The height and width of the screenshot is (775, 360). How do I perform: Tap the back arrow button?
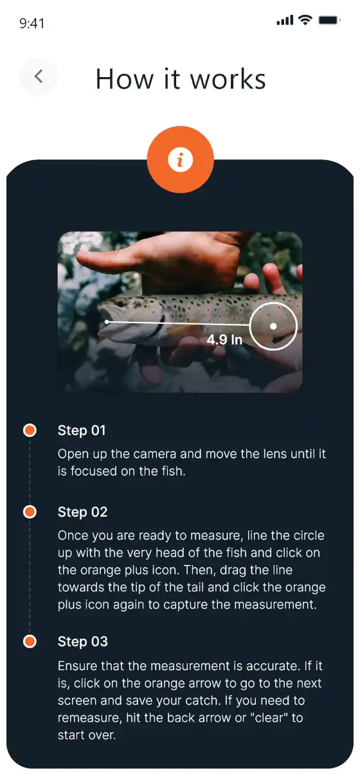tap(39, 77)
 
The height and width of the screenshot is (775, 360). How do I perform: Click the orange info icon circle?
tap(180, 160)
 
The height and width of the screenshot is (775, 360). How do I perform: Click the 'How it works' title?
tap(181, 79)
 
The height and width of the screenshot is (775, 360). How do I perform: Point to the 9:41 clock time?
tap(32, 23)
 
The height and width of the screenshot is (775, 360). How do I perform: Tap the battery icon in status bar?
tap(329, 21)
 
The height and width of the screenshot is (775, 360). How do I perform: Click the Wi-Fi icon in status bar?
tap(305, 21)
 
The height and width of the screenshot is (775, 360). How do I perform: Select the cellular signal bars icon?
tap(285, 21)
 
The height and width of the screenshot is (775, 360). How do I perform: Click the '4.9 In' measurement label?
tap(224, 339)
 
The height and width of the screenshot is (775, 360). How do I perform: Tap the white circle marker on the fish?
tap(273, 326)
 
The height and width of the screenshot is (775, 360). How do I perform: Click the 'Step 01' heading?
tap(82, 431)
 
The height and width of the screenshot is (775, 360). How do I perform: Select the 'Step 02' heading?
tap(83, 512)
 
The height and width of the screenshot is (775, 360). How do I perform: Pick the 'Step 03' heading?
tap(83, 641)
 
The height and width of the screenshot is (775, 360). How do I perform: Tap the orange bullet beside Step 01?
tap(30, 431)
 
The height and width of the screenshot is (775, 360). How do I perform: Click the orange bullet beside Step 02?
tap(30, 512)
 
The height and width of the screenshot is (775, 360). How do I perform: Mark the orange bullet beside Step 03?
tap(30, 641)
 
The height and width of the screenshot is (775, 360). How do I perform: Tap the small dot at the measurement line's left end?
tap(107, 321)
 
